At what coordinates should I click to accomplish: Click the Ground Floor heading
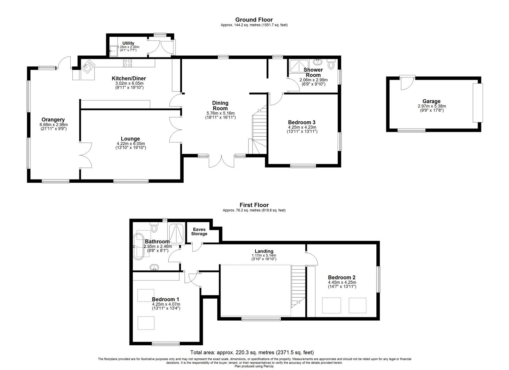point(254,20)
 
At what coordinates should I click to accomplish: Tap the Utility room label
point(128,43)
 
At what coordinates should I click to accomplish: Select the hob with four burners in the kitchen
point(127,63)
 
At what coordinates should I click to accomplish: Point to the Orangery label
point(53,120)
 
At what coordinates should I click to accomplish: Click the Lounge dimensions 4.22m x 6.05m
point(131,144)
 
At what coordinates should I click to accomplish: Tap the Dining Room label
point(220,106)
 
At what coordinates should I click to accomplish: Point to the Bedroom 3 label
point(302,122)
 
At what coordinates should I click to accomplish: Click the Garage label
point(432,101)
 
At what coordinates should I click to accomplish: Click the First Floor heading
point(254,205)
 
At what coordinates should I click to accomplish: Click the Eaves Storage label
point(199,232)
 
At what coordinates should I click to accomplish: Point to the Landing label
point(264,251)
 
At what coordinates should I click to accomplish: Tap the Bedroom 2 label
point(341,277)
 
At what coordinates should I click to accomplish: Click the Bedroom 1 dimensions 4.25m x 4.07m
point(166,304)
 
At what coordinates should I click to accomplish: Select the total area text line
point(252,352)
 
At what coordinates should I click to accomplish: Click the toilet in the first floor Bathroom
point(154,227)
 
